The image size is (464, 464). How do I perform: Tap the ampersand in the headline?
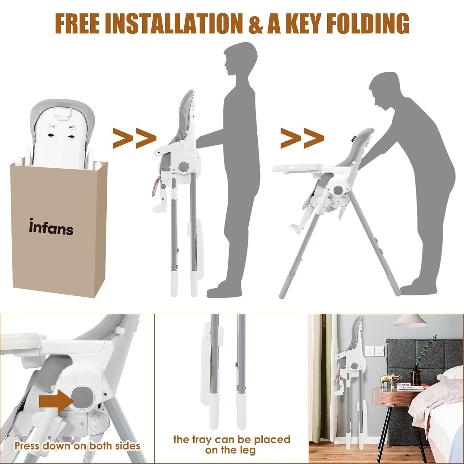[256, 24]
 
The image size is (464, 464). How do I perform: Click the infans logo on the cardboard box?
[51, 227]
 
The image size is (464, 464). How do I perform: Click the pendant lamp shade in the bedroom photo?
[410, 321]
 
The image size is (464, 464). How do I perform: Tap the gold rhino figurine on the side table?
[391, 379]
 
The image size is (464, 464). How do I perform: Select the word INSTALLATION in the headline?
[174, 24]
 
